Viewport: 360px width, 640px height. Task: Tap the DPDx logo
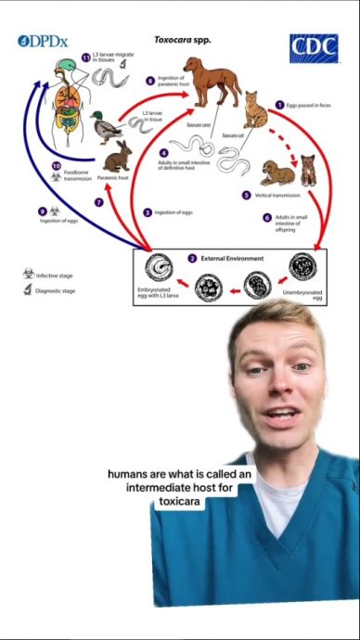pos(43,42)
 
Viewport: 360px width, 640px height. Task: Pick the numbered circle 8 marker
pos(151,81)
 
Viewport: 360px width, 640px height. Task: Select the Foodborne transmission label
pos(71,175)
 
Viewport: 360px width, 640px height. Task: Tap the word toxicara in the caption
pos(180,502)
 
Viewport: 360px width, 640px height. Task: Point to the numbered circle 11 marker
pos(85,58)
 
